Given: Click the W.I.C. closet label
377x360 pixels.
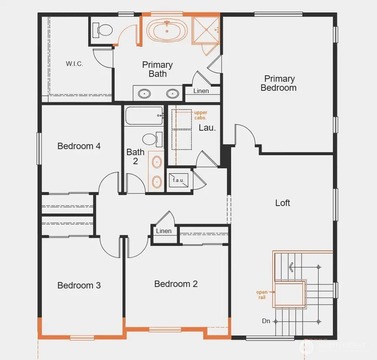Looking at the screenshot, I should coord(74,64).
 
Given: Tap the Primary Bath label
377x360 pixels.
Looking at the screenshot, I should coord(157,69).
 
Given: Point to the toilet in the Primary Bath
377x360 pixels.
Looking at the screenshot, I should coord(103,30).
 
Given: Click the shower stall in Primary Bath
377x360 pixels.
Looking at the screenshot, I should coord(205,29).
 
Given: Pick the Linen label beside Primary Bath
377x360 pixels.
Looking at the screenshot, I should coord(201,91).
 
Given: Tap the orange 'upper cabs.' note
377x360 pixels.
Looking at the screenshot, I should coord(200,115).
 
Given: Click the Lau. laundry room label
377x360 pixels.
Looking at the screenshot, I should coord(207,128).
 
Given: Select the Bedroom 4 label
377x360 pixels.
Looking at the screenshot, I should coord(79,146).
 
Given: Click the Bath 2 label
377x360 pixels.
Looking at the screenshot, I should coord(135,156).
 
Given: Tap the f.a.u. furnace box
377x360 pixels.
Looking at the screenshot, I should coord(178,181).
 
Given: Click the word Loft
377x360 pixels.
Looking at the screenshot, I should coord(282,203).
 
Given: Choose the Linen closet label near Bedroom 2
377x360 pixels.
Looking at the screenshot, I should coord(163,231).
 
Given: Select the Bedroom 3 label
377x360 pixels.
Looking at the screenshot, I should coord(79,285).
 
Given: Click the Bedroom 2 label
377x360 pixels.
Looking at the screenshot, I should coord(176,284).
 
